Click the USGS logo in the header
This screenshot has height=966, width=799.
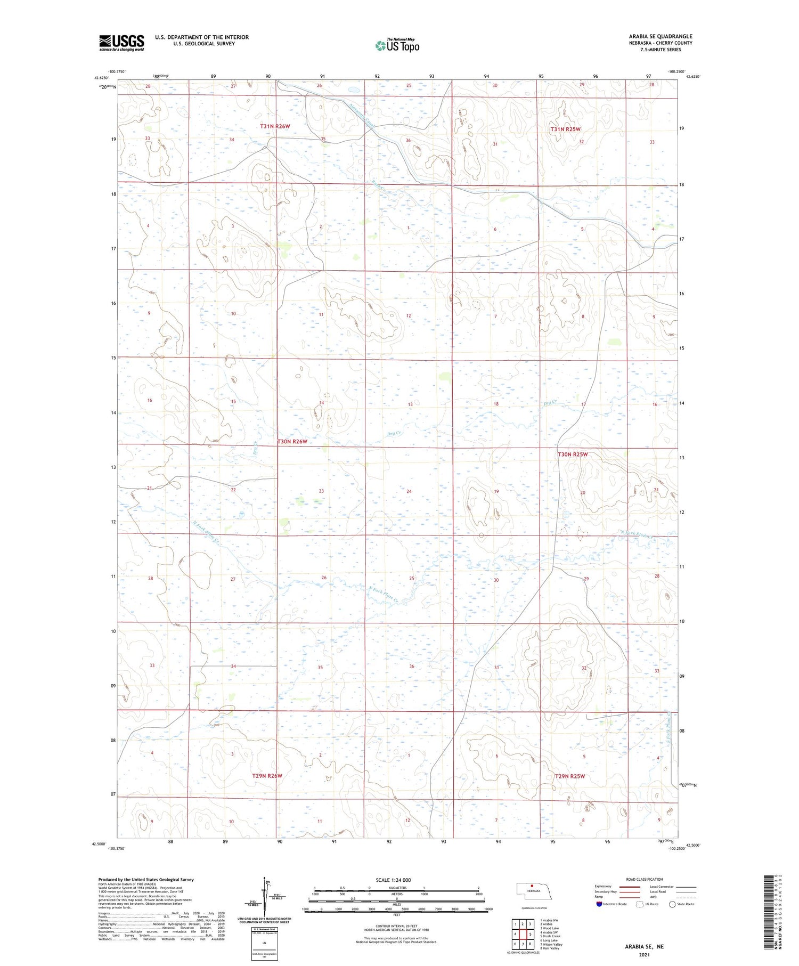121,43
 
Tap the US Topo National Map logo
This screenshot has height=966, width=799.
397,45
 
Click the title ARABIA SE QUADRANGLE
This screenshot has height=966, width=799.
660,36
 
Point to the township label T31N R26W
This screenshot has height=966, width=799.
275,126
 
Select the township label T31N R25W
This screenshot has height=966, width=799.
565,129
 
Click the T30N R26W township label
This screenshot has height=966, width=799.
292,442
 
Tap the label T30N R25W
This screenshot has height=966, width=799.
573,454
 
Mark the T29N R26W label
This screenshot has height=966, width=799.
267,776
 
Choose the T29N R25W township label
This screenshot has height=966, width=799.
569,776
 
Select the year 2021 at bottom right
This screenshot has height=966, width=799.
645,954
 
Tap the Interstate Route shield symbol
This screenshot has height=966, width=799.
599,904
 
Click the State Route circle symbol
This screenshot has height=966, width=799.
672,904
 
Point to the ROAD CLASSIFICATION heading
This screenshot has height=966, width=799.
645,879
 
